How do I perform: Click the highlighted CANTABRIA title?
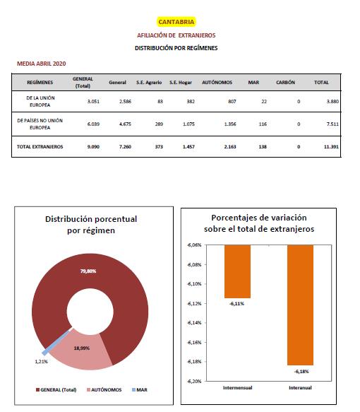click(x=176, y=22)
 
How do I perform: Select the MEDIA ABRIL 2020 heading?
click(x=42, y=64)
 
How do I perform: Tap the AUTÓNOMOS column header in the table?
click(x=217, y=82)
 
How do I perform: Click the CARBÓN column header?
click(x=285, y=82)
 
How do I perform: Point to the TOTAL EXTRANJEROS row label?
click(x=40, y=146)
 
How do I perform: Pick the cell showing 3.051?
click(x=93, y=102)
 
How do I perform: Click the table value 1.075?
click(x=188, y=124)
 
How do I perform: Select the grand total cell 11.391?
click(x=331, y=146)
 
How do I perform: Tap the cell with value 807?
click(x=232, y=102)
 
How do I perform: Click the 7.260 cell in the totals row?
click(x=125, y=146)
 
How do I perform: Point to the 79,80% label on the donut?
click(x=88, y=271)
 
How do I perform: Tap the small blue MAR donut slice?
click(x=56, y=341)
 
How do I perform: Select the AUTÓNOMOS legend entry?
click(x=104, y=389)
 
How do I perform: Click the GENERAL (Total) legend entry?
click(x=56, y=389)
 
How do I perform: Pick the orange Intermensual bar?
click(x=237, y=271)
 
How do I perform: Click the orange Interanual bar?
click(x=300, y=305)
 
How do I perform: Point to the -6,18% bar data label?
click(x=301, y=372)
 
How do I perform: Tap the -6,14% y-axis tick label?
click(x=194, y=323)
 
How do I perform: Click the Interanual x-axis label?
click(x=300, y=387)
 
